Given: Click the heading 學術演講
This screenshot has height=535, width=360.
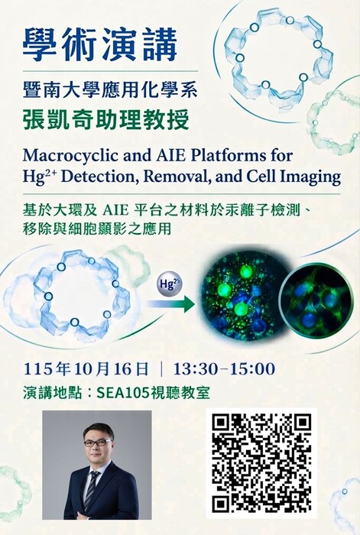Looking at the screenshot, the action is point(100,44).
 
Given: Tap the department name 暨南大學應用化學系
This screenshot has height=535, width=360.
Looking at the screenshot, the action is point(110,89).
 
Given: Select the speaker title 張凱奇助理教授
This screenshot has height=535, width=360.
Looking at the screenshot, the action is point(105,120).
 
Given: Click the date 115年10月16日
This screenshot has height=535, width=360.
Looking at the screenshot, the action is point(86,369).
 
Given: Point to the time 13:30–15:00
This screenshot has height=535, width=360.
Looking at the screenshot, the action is point(224,369).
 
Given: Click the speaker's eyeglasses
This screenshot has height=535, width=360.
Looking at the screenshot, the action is point(97,443).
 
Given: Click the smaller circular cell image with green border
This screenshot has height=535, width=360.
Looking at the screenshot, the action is point(316,300).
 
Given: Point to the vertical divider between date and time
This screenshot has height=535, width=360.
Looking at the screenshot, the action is point(161,369).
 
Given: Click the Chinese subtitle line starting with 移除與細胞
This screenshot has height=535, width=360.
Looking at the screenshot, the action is point(97,229).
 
